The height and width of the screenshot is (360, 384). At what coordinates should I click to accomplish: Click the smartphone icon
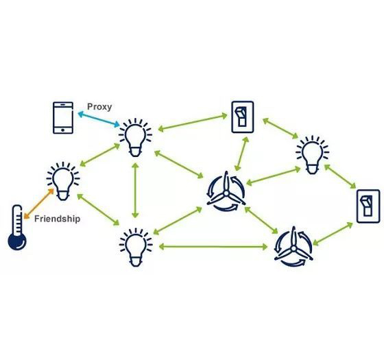click(x=63, y=118)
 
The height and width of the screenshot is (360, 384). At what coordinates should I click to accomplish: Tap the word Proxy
click(x=99, y=107)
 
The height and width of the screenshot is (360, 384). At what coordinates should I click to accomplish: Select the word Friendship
click(x=58, y=219)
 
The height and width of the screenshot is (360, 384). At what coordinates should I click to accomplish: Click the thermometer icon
click(x=17, y=228)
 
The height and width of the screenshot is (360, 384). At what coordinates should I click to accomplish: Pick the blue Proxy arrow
click(x=99, y=119)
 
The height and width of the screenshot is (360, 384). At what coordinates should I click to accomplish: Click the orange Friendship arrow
click(x=38, y=204)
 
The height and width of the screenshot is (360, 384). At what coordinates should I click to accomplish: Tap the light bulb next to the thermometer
click(x=63, y=181)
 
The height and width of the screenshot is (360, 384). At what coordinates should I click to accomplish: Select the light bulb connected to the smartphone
click(x=135, y=138)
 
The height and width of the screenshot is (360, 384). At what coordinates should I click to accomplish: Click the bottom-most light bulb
click(x=136, y=248)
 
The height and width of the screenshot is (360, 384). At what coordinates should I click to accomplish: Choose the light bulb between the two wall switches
click(x=312, y=155)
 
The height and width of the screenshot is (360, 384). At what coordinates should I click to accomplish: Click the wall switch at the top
click(x=243, y=117)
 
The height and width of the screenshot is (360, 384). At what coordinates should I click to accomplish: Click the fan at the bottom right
click(x=293, y=247)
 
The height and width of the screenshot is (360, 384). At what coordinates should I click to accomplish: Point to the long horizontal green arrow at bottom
click(x=213, y=246)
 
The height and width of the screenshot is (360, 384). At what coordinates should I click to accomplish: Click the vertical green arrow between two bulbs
click(x=135, y=191)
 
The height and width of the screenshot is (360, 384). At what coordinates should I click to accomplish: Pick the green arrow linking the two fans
click(x=261, y=220)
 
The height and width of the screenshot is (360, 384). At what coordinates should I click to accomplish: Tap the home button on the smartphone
click(x=63, y=130)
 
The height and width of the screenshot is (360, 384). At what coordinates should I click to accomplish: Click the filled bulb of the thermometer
click(x=17, y=241)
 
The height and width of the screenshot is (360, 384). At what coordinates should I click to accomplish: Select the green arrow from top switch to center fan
click(x=241, y=154)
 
